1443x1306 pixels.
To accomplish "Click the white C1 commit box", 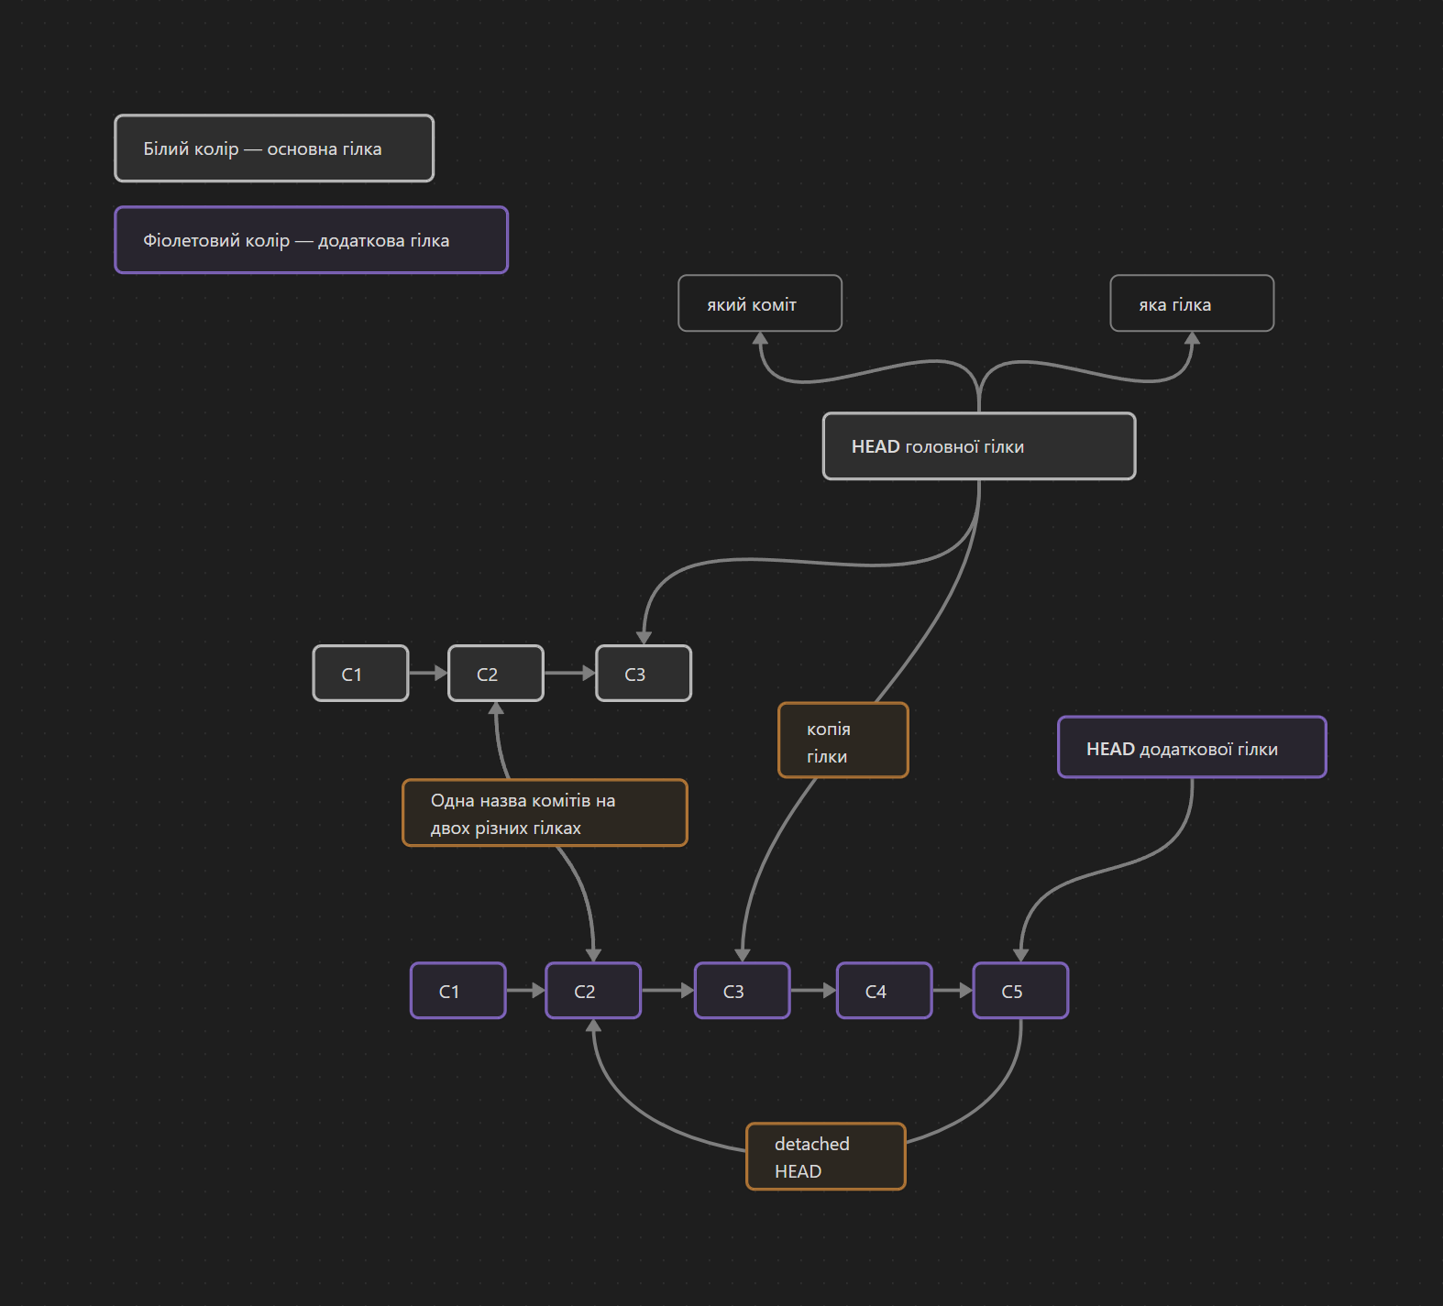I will (x=360, y=674).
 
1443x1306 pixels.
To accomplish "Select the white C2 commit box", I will (x=495, y=674).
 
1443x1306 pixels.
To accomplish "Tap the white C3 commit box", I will (x=644, y=674).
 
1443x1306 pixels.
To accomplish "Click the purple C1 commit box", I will (x=457, y=991).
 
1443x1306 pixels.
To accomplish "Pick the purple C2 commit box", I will (x=593, y=991).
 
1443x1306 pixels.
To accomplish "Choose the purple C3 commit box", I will (x=742, y=991).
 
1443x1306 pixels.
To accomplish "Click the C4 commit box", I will (x=884, y=991).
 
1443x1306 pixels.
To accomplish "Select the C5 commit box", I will (x=1020, y=991).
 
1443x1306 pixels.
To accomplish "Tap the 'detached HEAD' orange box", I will (x=825, y=1157).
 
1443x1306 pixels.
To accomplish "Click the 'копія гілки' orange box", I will (x=843, y=741).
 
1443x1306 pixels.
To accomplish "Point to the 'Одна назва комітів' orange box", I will (x=545, y=813).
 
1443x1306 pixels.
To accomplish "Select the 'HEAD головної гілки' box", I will (x=978, y=446).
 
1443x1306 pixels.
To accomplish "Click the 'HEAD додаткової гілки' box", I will (x=1192, y=748).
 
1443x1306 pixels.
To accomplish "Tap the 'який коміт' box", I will (x=759, y=303).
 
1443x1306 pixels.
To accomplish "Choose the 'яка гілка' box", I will (x=1191, y=303).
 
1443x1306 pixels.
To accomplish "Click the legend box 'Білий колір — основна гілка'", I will (x=273, y=148).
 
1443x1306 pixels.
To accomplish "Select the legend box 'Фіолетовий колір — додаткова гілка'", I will (x=311, y=240).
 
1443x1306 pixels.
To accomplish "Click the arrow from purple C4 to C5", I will (x=952, y=991).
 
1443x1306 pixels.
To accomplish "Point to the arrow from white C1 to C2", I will (x=427, y=674).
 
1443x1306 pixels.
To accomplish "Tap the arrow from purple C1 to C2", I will (x=525, y=991).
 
